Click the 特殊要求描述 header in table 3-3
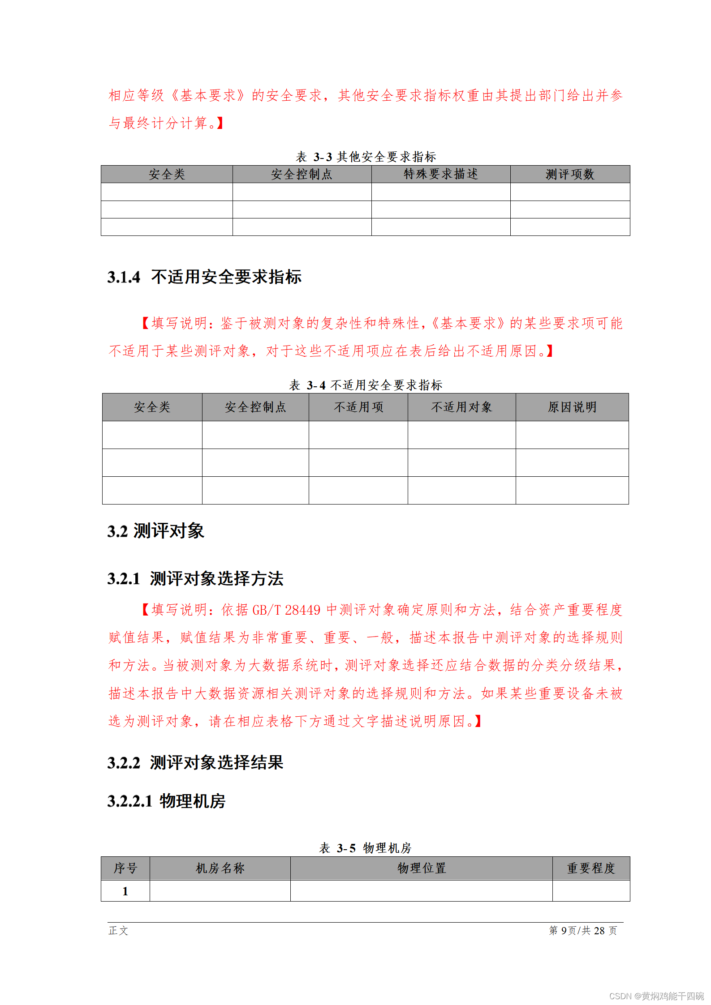[440, 174]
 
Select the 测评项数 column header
[569, 174]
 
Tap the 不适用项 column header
[358, 407]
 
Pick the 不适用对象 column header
[461, 407]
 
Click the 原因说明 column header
[572, 407]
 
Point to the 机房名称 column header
[220, 868]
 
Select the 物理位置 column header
[421, 868]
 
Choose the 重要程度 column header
[591, 868]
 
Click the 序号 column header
[125, 868]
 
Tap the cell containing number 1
[125, 891]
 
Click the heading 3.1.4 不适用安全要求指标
[204, 277]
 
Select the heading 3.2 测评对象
[155, 531]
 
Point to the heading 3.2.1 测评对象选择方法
[195, 578]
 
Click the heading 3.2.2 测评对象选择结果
[195, 762]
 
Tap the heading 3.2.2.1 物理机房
[166, 801]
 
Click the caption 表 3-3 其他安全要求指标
[366, 157]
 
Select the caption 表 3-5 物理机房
[365, 848]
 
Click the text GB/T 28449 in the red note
[287, 610]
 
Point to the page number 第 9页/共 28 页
[583, 930]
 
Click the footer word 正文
[118, 930]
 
